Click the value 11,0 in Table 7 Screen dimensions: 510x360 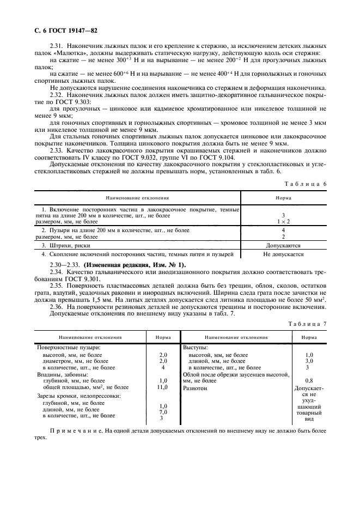162,387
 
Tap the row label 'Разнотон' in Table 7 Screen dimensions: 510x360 196,388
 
